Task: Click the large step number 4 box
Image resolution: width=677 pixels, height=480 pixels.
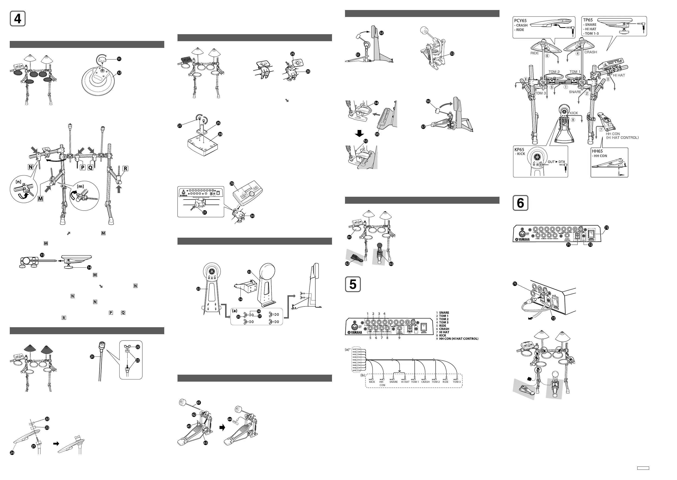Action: [x=18, y=19]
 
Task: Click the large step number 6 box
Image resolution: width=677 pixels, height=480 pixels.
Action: [x=520, y=203]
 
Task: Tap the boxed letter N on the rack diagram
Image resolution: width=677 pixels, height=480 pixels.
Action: [x=30, y=167]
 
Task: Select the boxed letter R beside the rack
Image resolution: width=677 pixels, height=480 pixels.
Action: [x=125, y=168]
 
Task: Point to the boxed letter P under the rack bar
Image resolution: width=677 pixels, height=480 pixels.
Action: [x=83, y=168]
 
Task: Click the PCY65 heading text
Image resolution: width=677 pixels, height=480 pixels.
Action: [x=520, y=21]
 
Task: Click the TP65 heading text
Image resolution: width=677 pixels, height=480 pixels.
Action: [x=588, y=20]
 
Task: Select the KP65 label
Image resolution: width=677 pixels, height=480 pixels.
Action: [x=519, y=150]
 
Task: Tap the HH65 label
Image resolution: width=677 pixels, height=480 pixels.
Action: [x=597, y=151]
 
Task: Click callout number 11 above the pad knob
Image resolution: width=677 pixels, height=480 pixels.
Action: [x=119, y=59]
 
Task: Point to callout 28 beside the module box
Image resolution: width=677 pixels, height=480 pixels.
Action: [x=220, y=134]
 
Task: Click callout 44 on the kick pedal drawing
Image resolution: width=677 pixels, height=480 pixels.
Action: [x=230, y=419]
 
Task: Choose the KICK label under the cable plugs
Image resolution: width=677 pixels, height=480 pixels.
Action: [x=372, y=382]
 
